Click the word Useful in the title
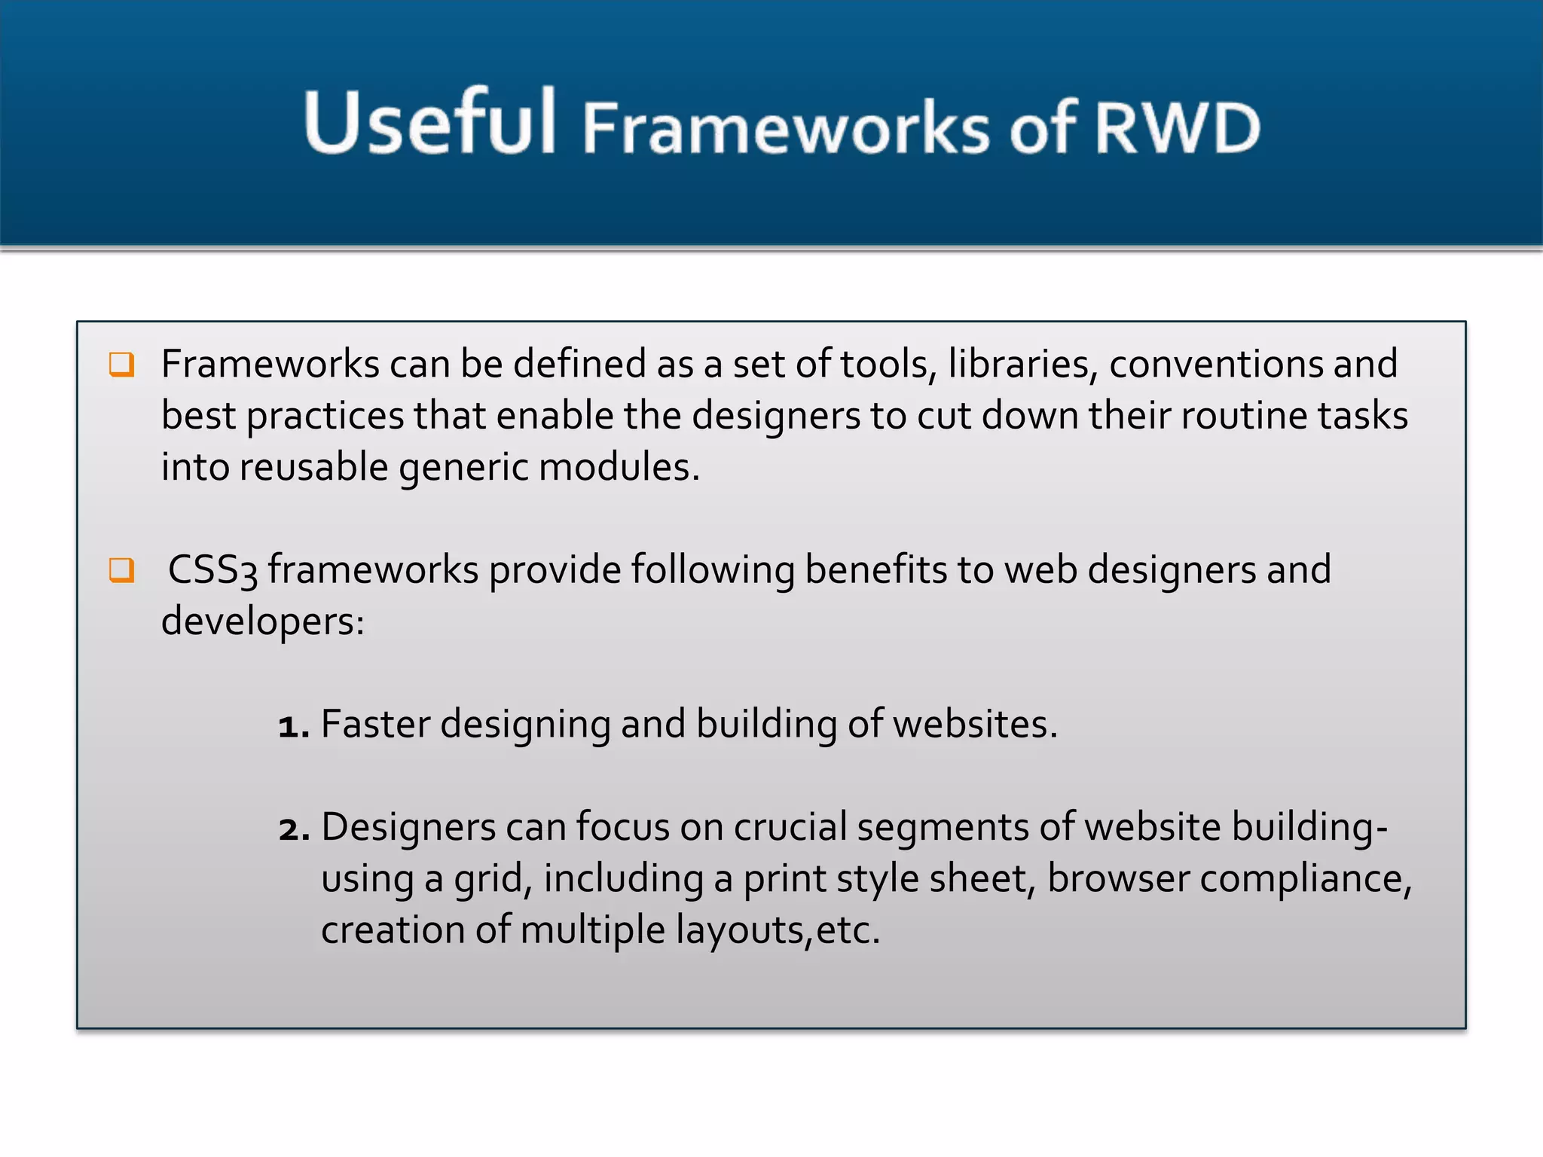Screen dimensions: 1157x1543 point(429,123)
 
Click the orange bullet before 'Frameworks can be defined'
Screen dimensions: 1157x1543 point(121,365)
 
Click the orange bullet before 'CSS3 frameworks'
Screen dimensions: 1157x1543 point(121,570)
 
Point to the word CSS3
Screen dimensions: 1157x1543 point(212,570)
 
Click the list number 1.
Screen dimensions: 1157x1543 point(292,726)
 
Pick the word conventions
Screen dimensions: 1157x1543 point(1215,365)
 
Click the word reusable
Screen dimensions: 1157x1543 point(313,468)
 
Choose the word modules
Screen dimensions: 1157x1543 point(619,468)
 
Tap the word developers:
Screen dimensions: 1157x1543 point(263,622)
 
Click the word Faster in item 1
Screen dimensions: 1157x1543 point(375,725)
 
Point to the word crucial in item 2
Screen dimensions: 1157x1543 point(790,827)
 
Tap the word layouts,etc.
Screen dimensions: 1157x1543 point(778,930)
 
